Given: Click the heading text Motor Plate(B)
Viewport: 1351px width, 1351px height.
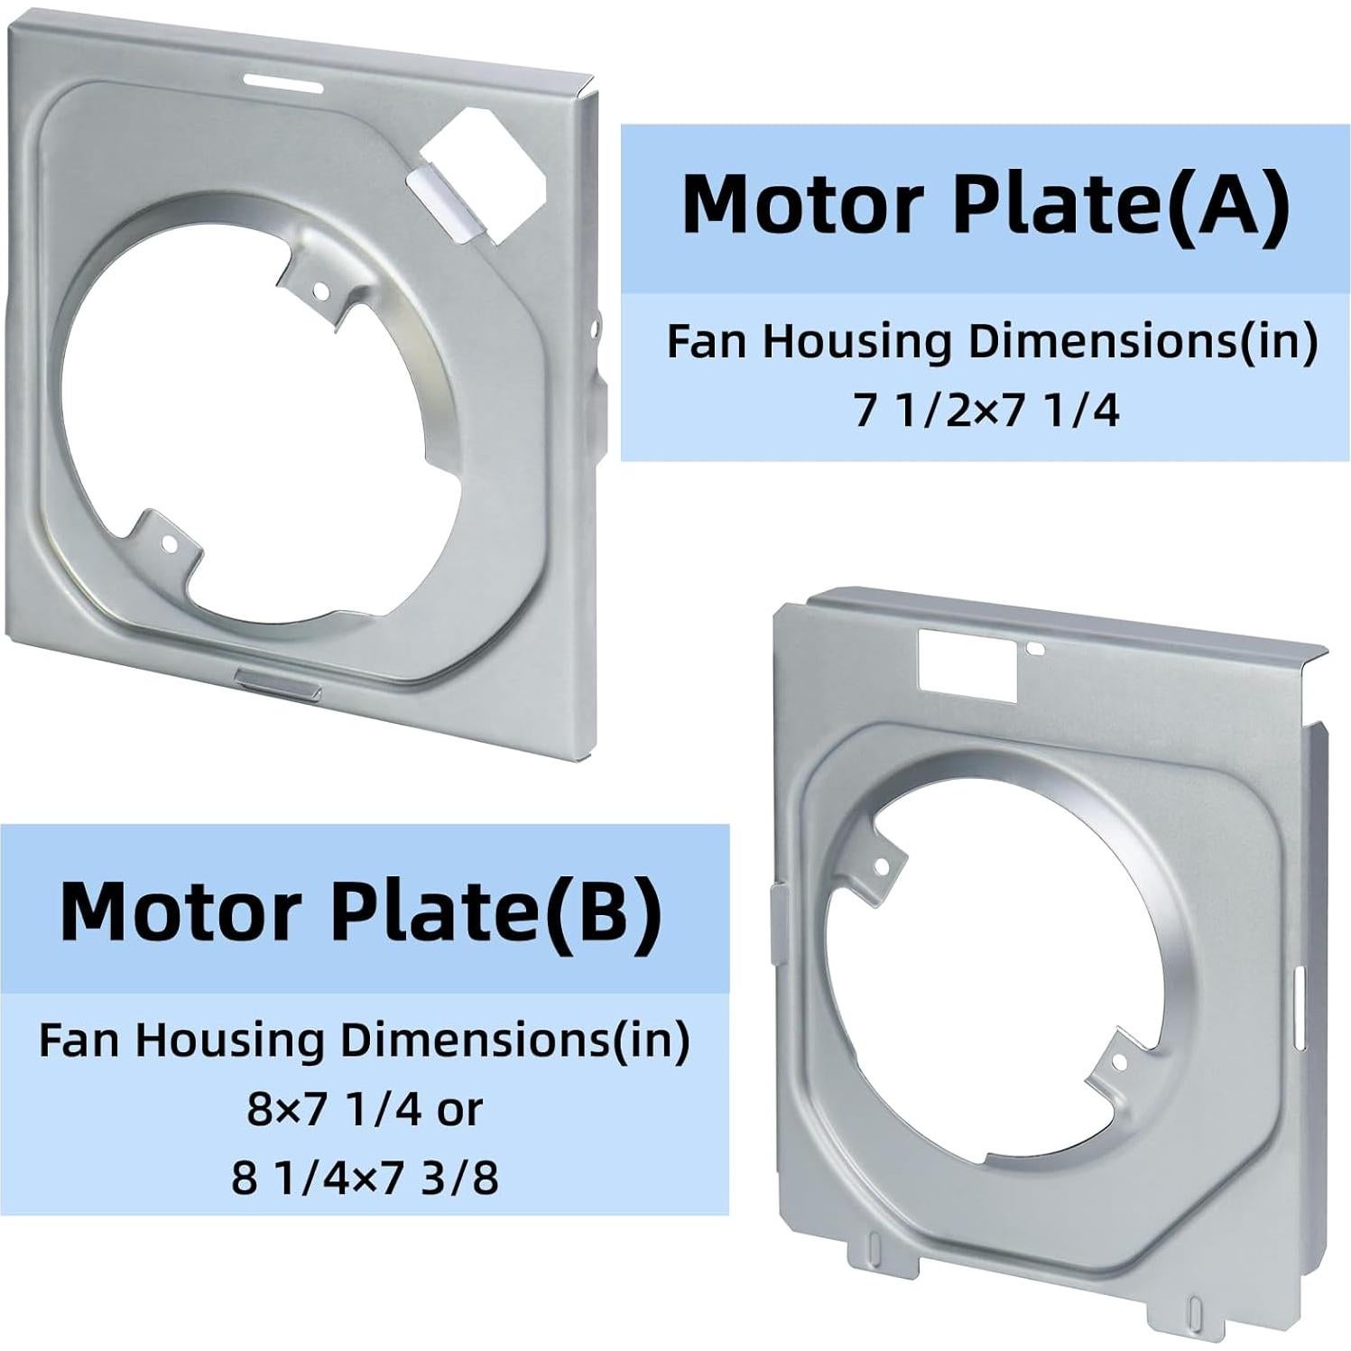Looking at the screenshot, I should pos(360,910).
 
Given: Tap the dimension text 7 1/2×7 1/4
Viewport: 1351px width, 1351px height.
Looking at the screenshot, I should pos(985,411).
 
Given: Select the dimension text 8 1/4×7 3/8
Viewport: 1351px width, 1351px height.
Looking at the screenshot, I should pos(365,1178).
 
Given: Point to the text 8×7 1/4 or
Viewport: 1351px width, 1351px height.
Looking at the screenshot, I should pos(365,1109).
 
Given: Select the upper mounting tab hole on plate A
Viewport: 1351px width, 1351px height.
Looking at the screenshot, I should pos(320,290).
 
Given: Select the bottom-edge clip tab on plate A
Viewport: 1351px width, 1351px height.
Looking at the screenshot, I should pos(276,679).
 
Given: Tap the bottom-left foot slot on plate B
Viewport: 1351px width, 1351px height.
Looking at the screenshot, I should pos(873,1246).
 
